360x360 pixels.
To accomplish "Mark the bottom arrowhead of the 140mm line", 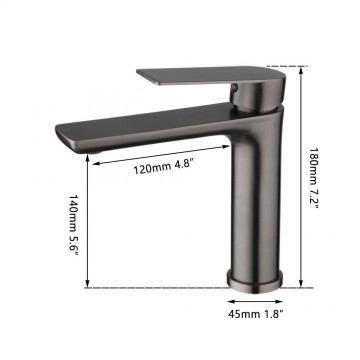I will coord(91,286).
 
